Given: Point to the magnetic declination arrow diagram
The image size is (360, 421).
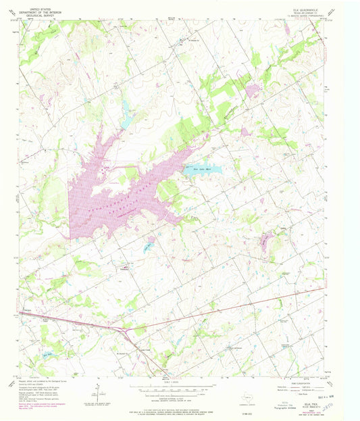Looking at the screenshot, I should [x=97, y=390].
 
